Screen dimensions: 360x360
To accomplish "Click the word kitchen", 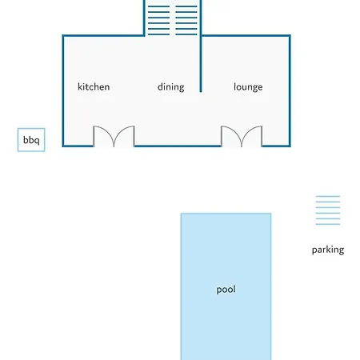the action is pos(94,87).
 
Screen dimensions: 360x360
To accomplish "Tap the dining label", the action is pos(171,87).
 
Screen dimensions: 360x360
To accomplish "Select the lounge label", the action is pos(248,87).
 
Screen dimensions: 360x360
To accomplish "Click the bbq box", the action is pos(31,140).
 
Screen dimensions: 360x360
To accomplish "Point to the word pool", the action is pos(226,290).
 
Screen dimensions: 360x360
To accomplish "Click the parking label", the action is pos(328,250).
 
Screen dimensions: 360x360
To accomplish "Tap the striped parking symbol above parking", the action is pos(328,210).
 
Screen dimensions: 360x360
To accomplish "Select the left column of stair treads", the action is pos(158,20).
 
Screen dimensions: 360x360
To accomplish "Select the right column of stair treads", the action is pos(186,20).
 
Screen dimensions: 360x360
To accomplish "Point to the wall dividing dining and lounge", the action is pos(201,63).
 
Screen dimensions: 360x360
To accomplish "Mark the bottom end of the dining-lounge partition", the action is pos(201,92).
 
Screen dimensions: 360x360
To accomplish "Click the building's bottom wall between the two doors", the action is pos(178,146).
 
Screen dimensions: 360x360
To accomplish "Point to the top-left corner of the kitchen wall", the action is pos(63,35).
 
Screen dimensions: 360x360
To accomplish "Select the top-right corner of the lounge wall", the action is pos(290,35).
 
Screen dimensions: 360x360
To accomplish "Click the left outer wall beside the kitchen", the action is pos(63,90).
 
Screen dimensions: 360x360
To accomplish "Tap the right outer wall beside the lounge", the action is pos(290,90).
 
